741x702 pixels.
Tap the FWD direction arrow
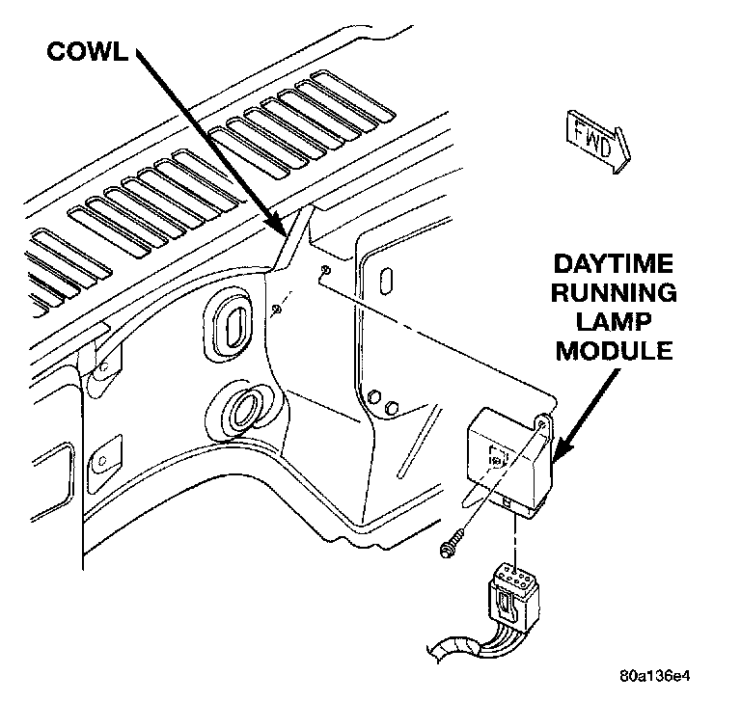(590, 141)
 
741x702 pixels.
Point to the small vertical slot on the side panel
(387, 283)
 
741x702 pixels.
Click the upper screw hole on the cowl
(325, 269)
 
